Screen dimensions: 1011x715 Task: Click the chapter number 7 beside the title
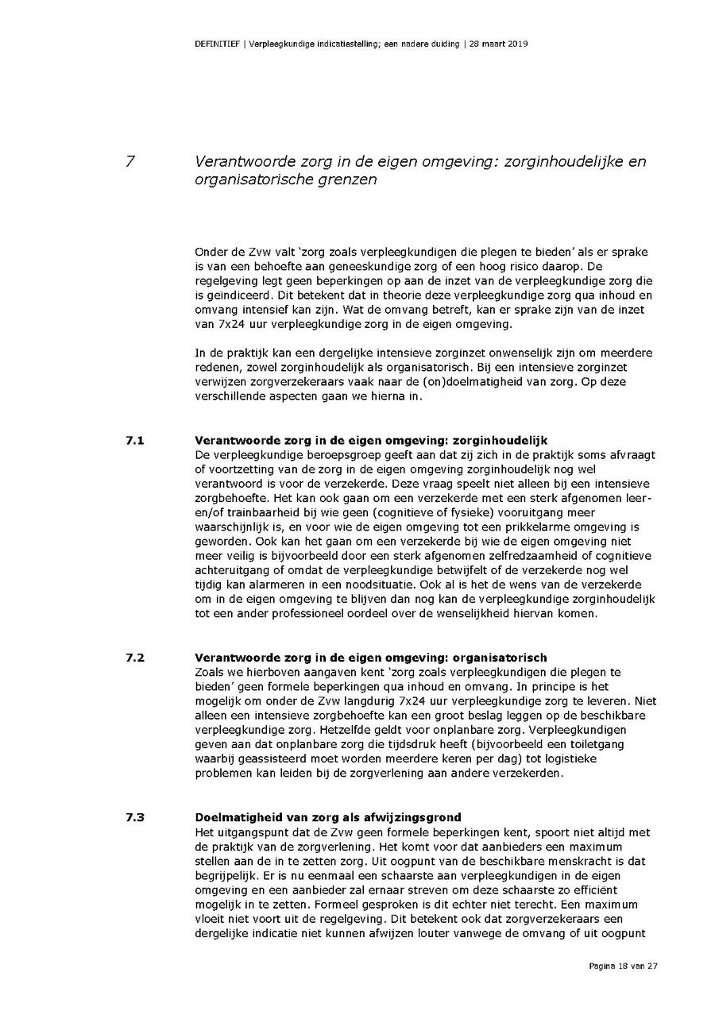coord(130,161)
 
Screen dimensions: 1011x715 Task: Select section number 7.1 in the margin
coord(135,439)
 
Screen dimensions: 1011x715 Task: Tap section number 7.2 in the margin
coord(135,658)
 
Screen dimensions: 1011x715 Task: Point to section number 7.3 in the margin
coord(135,818)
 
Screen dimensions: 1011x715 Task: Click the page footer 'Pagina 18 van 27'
coord(624,967)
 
